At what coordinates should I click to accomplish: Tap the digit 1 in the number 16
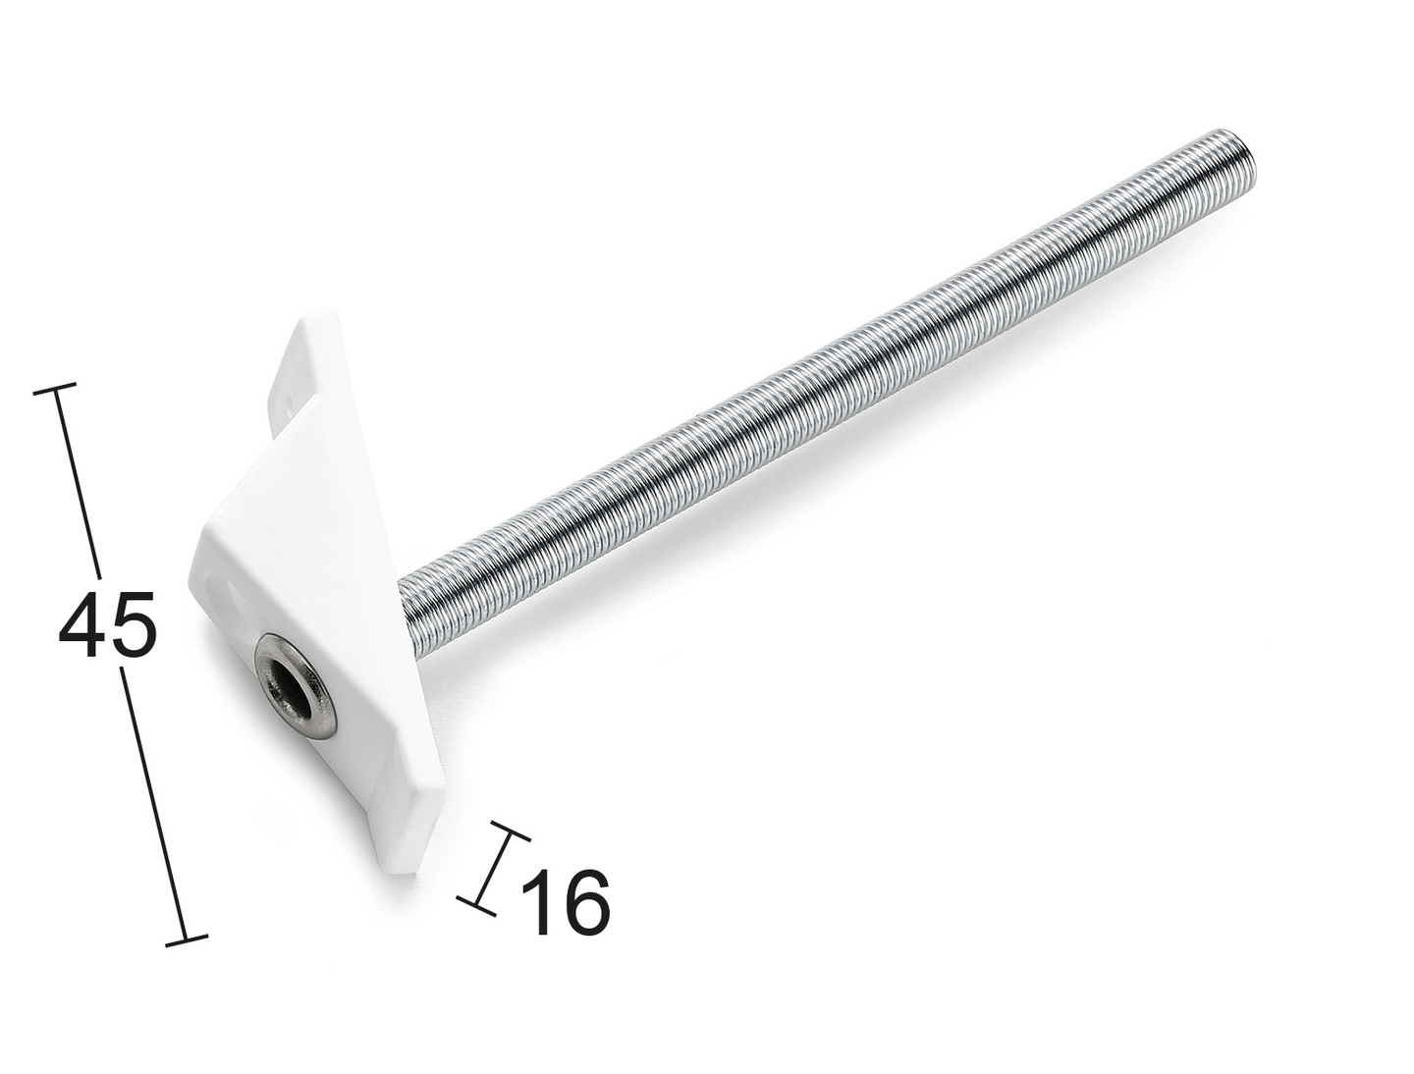(540, 902)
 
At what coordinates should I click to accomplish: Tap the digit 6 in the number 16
(584, 902)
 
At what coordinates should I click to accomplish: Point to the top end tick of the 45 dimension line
(55, 390)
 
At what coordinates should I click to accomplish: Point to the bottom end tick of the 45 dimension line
(187, 940)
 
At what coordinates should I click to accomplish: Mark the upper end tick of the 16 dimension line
(510, 832)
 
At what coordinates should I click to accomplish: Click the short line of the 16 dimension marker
(494, 869)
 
